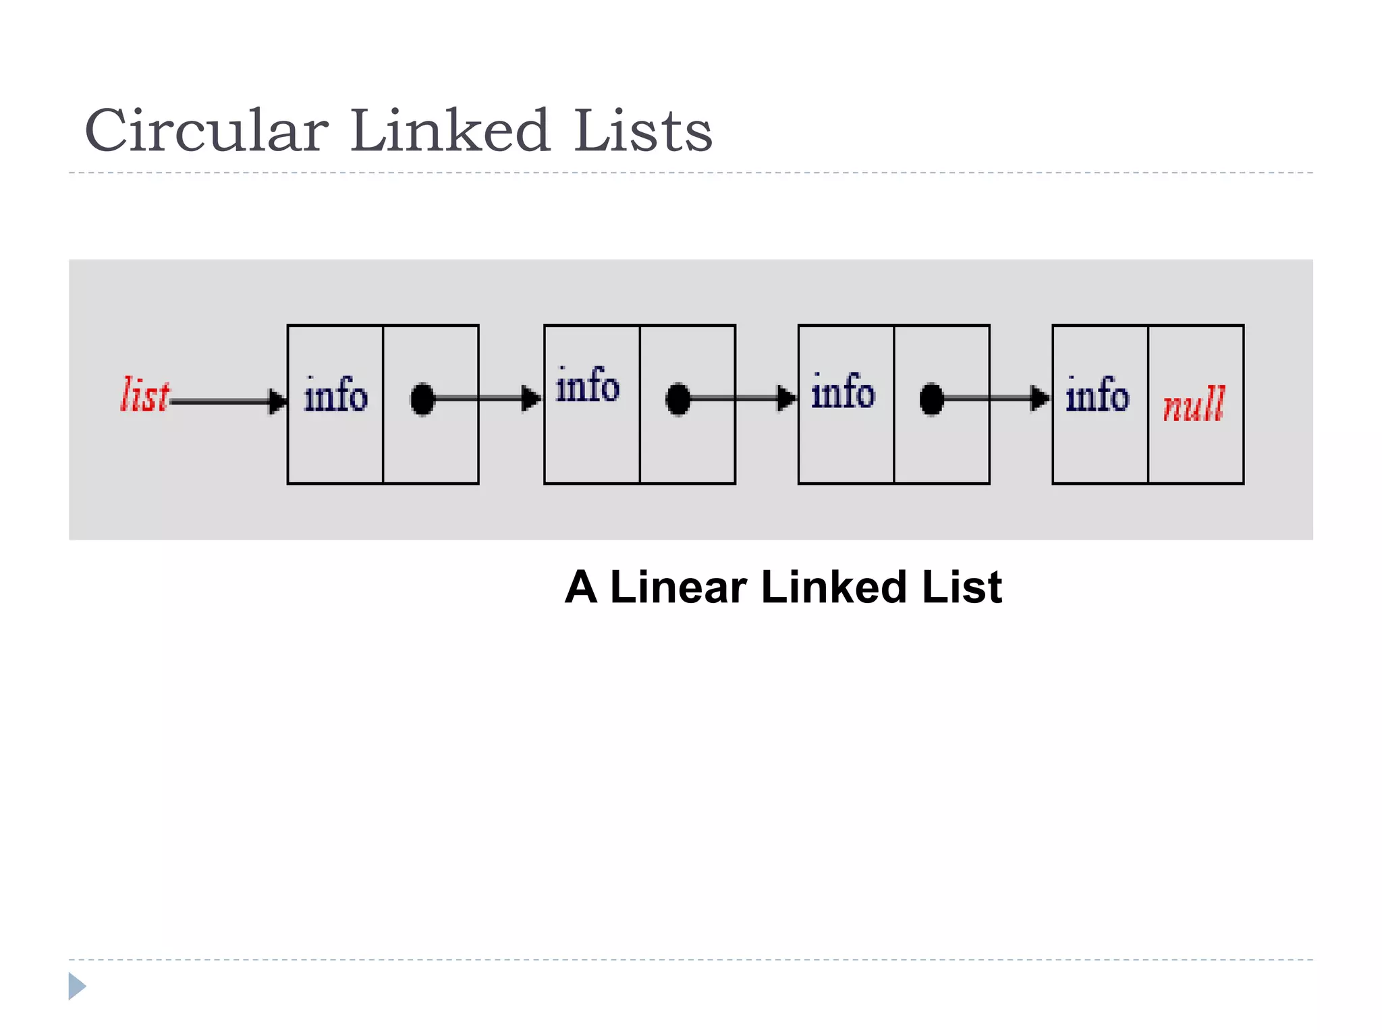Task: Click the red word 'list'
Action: click(145, 395)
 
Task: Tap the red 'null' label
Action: click(1194, 404)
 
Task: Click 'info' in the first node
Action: click(335, 395)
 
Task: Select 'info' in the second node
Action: click(587, 386)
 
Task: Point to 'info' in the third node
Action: click(843, 391)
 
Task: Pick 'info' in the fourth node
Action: click(1097, 395)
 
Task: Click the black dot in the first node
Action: click(423, 399)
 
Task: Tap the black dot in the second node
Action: click(678, 399)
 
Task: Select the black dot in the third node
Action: click(932, 399)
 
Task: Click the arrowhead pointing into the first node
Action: click(277, 401)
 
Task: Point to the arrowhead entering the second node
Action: click(532, 399)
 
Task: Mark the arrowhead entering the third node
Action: click(786, 399)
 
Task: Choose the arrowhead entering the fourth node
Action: click(1040, 399)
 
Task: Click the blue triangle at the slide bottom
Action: click(77, 986)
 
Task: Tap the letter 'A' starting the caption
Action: click(581, 587)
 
